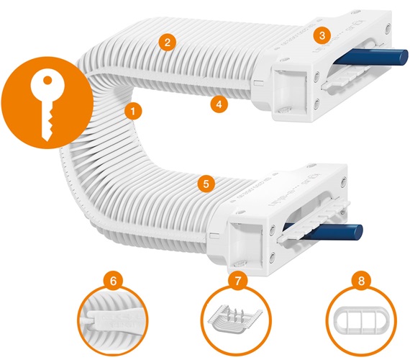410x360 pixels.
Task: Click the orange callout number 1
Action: click(132, 111)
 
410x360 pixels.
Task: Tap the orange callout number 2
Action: click(166, 42)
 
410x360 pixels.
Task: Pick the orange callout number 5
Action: click(206, 184)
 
